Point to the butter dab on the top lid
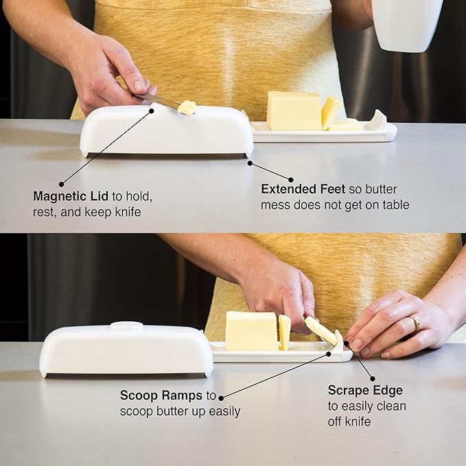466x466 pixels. pyautogui.click(x=186, y=107)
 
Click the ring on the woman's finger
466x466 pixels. pyautogui.click(x=416, y=323)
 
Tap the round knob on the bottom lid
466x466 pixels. pyautogui.click(x=127, y=326)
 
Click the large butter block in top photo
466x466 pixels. pyautogui.click(x=294, y=110)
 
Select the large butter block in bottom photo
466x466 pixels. pyautogui.click(x=251, y=331)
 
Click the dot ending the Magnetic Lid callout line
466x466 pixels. pyautogui.click(x=61, y=184)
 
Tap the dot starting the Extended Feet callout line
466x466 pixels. pyautogui.click(x=250, y=163)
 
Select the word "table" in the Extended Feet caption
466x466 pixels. pyautogui.click(x=394, y=205)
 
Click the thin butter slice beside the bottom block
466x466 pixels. pyautogui.click(x=284, y=332)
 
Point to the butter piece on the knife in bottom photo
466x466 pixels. pyautogui.click(x=321, y=331)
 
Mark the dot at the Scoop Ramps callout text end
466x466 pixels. pyautogui.click(x=221, y=397)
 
